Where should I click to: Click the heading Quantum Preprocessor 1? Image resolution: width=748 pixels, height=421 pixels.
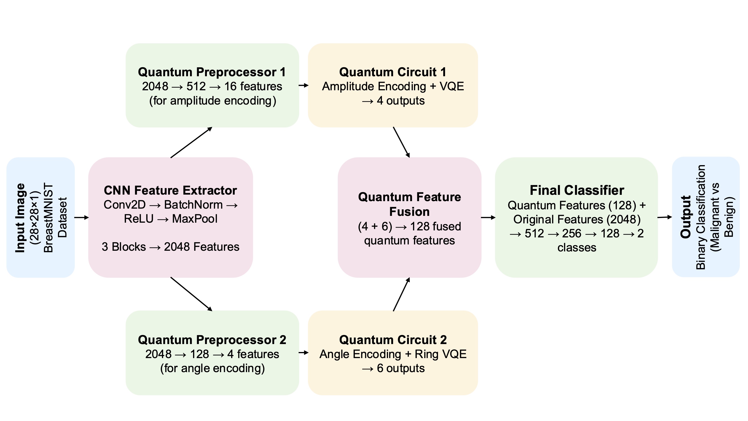click(212, 72)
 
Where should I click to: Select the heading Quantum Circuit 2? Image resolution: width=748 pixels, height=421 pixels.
click(393, 340)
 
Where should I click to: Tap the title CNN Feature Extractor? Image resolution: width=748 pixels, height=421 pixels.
click(170, 190)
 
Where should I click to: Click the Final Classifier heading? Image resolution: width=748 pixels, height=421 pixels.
click(577, 190)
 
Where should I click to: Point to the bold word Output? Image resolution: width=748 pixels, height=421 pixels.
click(686, 217)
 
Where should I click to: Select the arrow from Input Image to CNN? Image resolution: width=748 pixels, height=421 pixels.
click(81, 217)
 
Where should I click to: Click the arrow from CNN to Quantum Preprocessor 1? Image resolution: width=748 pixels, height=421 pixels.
click(191, 143)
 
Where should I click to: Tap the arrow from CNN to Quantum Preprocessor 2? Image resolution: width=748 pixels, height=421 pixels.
click(191, 294)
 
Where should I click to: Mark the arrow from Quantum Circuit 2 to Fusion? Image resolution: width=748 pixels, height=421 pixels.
click(401, 294)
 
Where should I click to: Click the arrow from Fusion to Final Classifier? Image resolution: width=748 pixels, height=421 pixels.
click(488, 217)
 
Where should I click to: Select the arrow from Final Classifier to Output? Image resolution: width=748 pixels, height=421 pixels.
click(665, 217)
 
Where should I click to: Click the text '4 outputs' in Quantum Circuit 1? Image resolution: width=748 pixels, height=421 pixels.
click(401, 101)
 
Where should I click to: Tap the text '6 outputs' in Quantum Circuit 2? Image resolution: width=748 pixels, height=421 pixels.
click(401, 368)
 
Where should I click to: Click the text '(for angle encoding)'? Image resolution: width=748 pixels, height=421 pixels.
click(212, 368)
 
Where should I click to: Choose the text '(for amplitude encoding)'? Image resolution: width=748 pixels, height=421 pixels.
click(212, 101)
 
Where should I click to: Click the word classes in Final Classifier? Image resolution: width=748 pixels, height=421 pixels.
click(577, 247)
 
